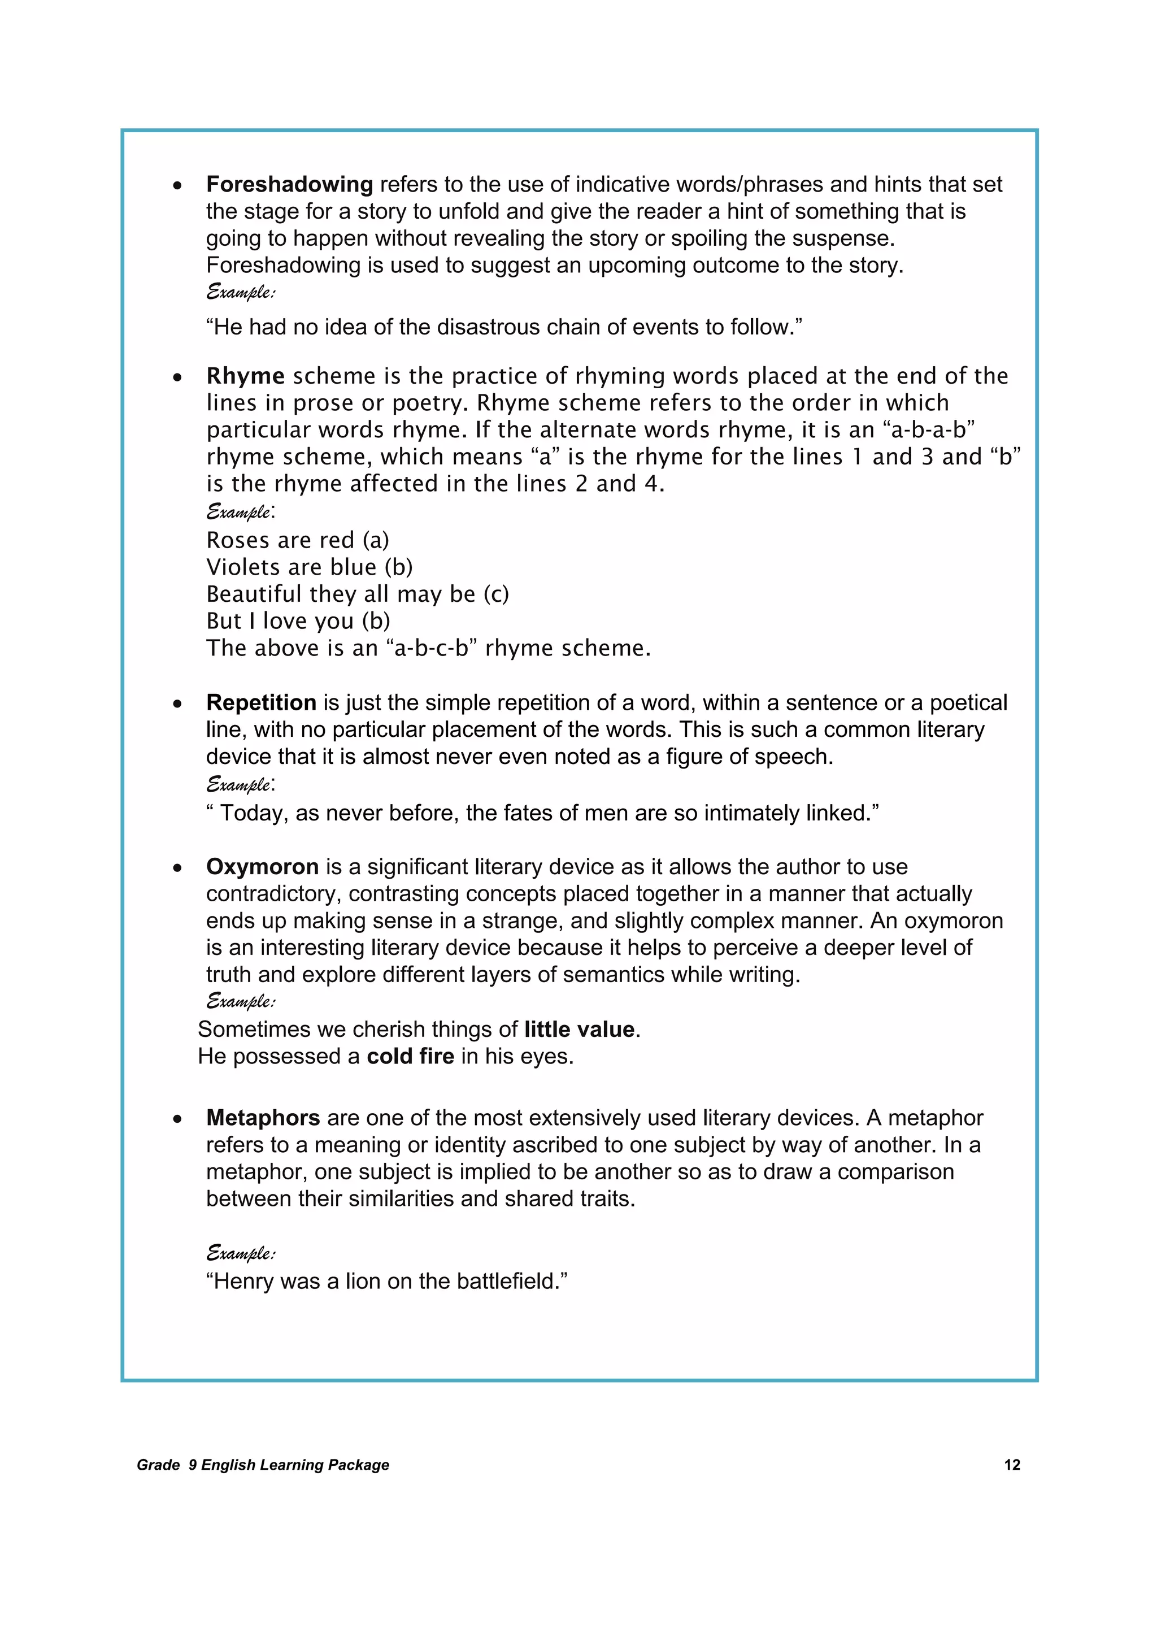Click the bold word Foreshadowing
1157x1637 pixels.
tap(289, 185)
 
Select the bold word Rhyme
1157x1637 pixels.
tap(245, 376)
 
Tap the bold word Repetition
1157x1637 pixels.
tap(261, 703)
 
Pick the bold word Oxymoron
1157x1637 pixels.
tap(262, 867)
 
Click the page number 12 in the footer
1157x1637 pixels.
tap(1012, 1465)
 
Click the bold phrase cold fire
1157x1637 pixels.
tap(410, 1056)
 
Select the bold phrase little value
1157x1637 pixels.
tap(579, 1030)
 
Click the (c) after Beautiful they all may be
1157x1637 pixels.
tap(495, 594)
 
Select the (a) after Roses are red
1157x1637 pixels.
tap(376, 540)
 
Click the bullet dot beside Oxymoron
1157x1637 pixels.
tap(177, 869)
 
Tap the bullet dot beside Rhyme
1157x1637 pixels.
tap(177, 377)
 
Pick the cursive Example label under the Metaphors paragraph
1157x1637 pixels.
tap(240, 1253)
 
